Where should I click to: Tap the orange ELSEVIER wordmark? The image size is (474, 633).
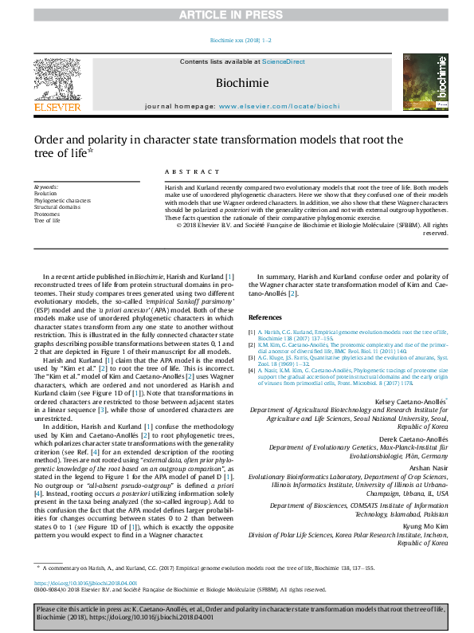[57, 106]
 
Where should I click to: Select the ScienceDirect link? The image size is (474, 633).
[284, 61]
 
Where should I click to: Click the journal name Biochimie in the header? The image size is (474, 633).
[241, 82]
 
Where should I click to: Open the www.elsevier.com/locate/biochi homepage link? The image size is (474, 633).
[279, 106]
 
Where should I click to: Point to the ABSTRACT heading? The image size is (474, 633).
[192, 172]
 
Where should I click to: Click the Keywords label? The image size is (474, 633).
[46, 187]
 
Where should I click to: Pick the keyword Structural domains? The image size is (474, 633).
[57, 207]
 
